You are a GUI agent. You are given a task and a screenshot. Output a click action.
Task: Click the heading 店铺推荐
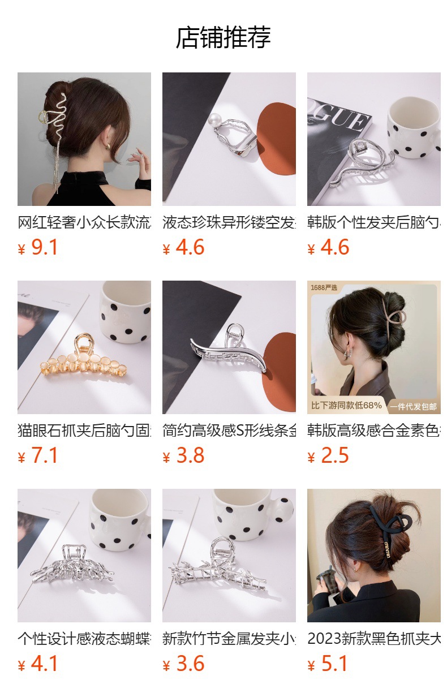tap(223, 38)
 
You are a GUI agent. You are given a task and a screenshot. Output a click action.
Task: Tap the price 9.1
tap(44, 248)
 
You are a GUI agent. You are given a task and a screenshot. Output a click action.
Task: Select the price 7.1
tap(44, 456)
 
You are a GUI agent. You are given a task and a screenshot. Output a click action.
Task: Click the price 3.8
tap(190, 456)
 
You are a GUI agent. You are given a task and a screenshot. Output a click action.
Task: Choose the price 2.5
tap(334, 456)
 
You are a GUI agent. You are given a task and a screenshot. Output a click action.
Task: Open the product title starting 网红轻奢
tap(84, 223)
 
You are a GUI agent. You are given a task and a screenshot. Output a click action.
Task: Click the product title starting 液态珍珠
tap(229, 223)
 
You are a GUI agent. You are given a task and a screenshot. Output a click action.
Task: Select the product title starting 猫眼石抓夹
tap(84, 431)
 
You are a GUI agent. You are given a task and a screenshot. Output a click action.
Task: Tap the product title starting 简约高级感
tap(229, 431)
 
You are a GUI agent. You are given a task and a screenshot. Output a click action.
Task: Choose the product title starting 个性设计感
tap(84, 639)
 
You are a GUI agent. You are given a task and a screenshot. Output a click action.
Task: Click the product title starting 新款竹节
tap(229, 639)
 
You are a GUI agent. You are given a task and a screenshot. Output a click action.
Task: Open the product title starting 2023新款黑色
tap(374, 639)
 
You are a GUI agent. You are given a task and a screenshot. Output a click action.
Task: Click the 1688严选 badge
tap(324, 288)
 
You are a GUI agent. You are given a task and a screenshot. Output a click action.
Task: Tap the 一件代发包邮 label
tap(412, 406)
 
